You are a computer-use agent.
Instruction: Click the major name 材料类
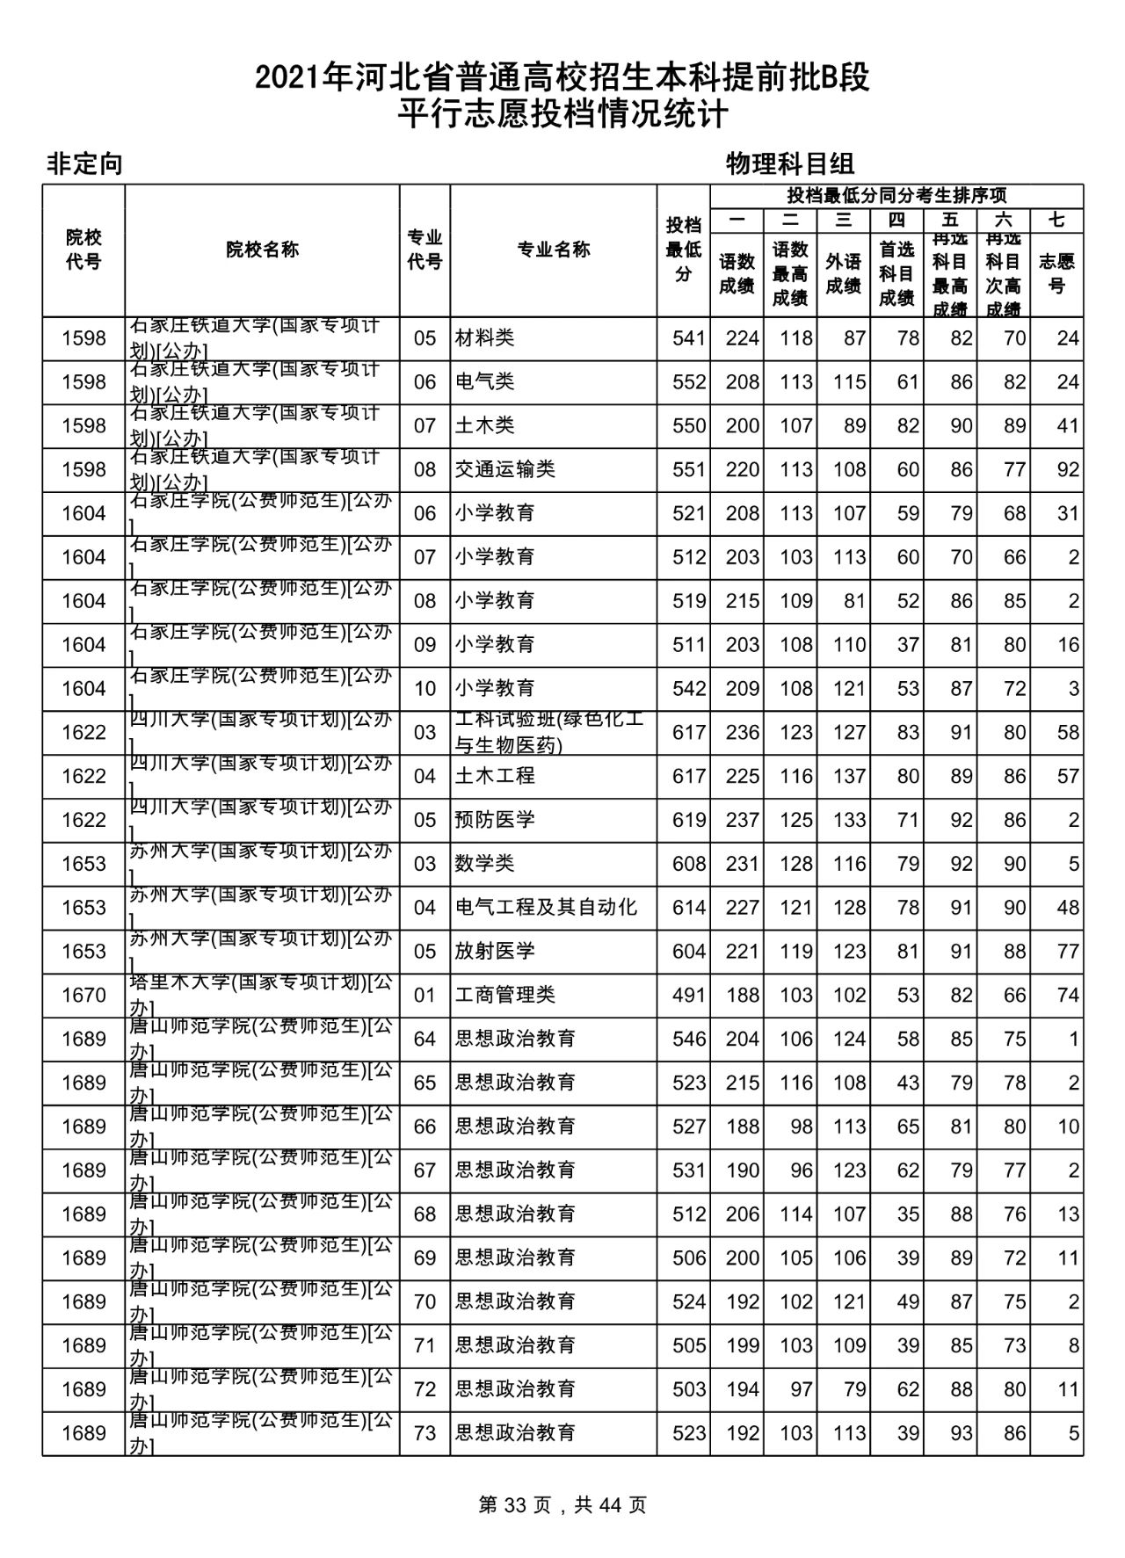(484, 338)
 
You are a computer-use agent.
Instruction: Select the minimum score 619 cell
(688, 820)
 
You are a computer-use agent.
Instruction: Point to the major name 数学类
(484, 864)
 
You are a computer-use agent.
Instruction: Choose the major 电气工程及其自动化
(546, 907)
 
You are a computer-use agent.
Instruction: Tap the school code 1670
(83, 995)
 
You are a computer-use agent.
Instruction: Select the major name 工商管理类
(504, 995)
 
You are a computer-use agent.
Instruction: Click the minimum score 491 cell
(688, 995)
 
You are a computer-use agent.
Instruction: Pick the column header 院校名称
(262, 250)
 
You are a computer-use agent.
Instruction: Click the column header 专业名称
(553, 250)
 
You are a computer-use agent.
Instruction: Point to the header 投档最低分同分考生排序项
(896, 195)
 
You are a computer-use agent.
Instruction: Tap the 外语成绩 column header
(843, 273)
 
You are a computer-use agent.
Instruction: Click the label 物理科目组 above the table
(790, 163)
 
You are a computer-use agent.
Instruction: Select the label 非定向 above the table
(84, 163)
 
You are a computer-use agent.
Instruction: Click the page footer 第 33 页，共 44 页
(562, 1505)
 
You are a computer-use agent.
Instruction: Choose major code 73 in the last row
(425, 1433)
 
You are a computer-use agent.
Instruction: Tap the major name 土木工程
(494, 776)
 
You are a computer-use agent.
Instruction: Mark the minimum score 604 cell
(688, 951)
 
